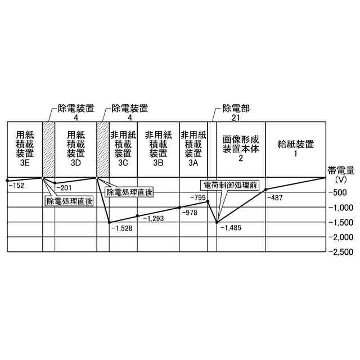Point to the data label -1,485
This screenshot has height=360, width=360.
231,228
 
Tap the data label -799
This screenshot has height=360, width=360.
198,197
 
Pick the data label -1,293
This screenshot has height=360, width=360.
153,218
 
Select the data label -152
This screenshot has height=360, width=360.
16,185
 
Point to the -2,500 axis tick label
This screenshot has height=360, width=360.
341,252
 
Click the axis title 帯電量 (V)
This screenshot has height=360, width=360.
341,174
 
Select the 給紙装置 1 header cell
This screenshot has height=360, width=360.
295,149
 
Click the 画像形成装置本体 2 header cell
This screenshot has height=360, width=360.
240,149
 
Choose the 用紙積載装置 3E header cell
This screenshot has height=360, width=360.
25,149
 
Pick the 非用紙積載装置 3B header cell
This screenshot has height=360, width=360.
158,149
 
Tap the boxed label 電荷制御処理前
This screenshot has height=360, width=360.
233,184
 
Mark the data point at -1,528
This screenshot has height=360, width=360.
109,222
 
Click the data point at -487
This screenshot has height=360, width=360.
265,190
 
